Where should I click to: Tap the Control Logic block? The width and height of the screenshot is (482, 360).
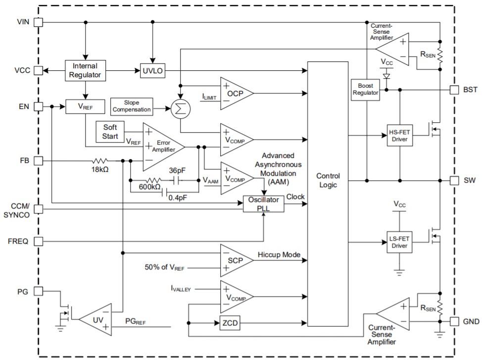[328, 181]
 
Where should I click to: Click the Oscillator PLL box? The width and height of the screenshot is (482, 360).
[264, 204]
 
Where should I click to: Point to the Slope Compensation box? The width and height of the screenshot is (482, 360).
[131, 105]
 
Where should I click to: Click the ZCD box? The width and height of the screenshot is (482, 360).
[229, 323]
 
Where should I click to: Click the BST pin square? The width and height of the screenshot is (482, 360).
[454, 90]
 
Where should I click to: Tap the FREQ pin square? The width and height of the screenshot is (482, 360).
[38, 242]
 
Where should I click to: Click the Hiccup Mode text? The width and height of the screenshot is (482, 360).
[279, 255]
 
